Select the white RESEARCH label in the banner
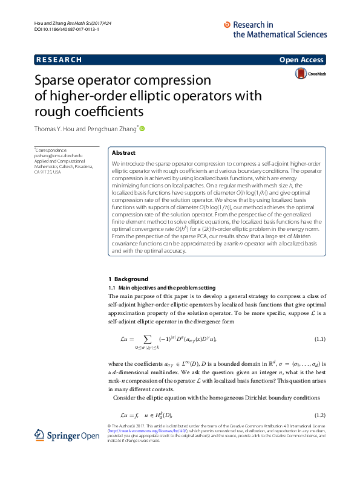click(59, 60)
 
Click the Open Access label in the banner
click(301, 60)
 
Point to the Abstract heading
click(124, 153)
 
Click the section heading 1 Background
click(128, 279)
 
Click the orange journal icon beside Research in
click(227, 25)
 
